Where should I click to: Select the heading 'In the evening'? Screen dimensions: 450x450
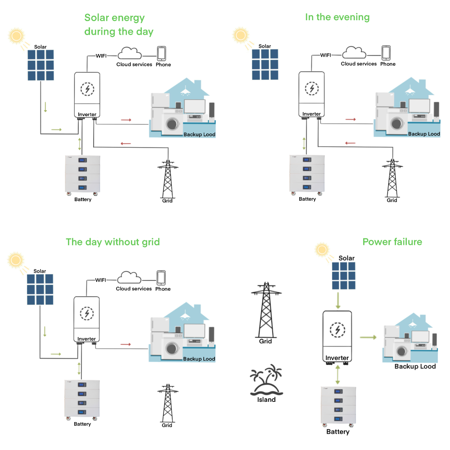click(x=337, y=17)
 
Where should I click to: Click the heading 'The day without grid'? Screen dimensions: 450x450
click(x=112, y=242)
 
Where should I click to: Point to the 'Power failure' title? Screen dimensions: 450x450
click(x=392, y=242)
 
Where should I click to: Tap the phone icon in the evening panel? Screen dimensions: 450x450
click(x=386, y=52)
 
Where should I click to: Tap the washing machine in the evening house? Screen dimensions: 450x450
click(x=396, y=123)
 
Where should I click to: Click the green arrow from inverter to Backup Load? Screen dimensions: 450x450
click(x=368, y=337)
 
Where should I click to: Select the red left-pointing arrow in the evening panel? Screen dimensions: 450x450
click(x=350, y=143)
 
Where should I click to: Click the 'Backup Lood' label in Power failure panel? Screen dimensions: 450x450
click(x=415, y=366)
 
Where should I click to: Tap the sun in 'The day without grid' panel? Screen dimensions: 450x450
click(x=16, y=260)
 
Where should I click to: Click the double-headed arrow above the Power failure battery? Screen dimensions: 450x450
click(x=337, y=374)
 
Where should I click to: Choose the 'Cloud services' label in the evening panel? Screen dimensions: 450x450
click(x=359, y=64)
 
